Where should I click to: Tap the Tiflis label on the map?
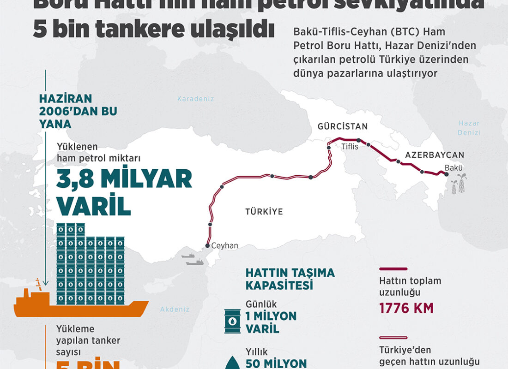click(x=350, y=147)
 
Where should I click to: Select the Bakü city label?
click(x=454, y=168)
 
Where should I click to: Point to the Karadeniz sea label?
click(x=196, y=98)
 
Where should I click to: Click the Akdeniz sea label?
click(x=175, y=309)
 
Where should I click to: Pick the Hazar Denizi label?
click(x=469, y=128)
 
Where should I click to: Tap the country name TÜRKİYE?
click(x=264, y=212)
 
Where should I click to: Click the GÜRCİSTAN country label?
click(x=342, y=126)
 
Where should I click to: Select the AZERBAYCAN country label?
click(x=435, y=155)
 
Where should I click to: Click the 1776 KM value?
click(x=406, y=308)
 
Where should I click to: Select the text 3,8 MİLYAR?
click(x=124, y=179)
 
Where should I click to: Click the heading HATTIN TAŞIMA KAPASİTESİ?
click(x=290, y=279)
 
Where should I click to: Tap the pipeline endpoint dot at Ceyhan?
click(x=208, y=246)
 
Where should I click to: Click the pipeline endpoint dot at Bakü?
click(x=446, y=174)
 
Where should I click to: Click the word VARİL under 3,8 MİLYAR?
click(x=93, y=207)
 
